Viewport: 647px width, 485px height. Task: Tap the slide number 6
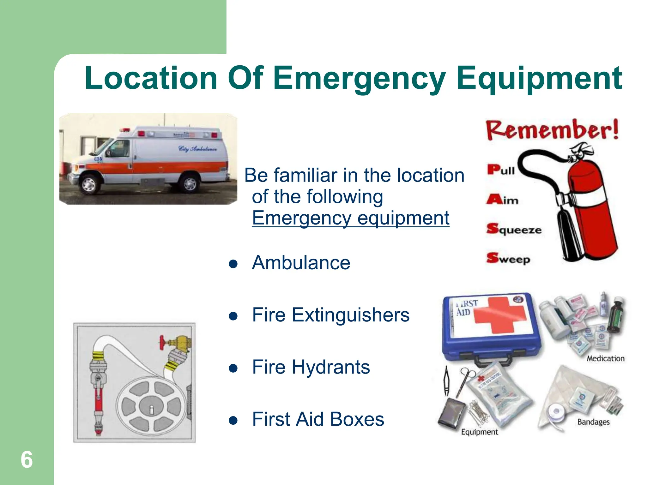pos(27,460)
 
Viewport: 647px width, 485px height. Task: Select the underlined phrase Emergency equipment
pos(350,218)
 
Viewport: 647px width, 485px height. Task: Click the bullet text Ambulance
pos(301,263)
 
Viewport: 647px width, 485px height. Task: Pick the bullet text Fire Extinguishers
pos(330,315)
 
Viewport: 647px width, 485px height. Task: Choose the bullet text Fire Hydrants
pos(311,367)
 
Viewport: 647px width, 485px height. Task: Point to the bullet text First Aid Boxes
pos(318,419)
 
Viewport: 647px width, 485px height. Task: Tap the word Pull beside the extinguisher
pos(501,170)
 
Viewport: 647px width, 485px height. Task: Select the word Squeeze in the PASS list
pos(514,229)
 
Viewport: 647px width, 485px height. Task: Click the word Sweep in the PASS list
pos(508,259)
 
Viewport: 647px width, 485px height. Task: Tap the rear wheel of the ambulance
pos(190,183)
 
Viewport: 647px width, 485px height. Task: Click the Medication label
pos(605,358)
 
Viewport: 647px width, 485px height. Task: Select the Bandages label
pos(593,422)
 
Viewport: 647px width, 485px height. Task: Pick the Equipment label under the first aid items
pos(479,432)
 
